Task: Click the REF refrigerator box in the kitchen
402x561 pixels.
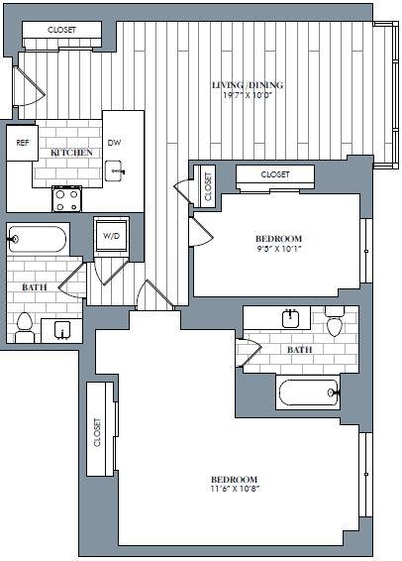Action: pyautogui.click(x=21, y=143)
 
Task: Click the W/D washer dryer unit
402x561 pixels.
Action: pyautogui.click(x=109, y=236)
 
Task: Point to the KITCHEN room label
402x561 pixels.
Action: pyautogui.click(x=72, y=153)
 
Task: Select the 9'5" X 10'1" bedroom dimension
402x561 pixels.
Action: pyautogui.click(x=278, y=250)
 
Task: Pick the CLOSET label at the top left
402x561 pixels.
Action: pyautogui.click(x=62, y=30)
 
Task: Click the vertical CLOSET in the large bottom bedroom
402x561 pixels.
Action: pyautogui.click(x=97, y=432)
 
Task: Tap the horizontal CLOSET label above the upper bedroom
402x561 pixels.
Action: pyautogui.click(x=275, y=174)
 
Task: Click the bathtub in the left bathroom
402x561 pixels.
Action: pyautogui.click(x=38, y=240)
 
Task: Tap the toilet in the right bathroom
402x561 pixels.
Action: pyautogui.click(x=334, y=325)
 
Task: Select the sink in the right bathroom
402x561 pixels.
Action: pyautogui.click(x=290, y=319)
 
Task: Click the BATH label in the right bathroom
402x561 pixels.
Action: pyautogui.click(x=300, y=351)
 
